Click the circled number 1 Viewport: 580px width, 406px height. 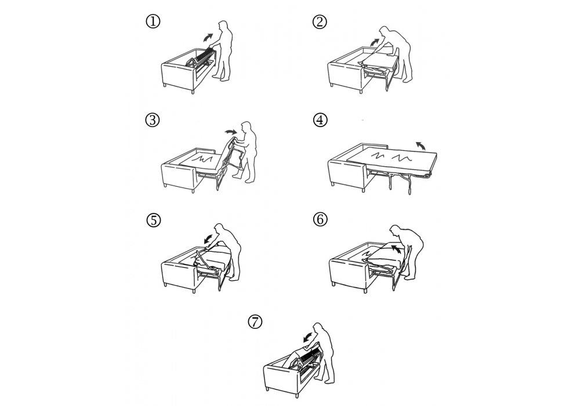click(x=153, y=21)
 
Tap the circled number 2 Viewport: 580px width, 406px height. click(x=320, y=22)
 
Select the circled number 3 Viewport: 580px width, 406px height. click(x=153, y=120)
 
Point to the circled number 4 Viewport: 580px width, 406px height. click(x=320, y=120)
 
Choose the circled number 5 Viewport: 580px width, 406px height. click(x=154, y=220)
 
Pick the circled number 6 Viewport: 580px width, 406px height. click(x=320, y=220)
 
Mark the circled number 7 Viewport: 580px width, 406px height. click(x=255, y=321)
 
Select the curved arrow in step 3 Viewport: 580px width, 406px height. click(x=231, y=132)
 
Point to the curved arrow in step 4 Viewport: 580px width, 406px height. click(x=420, y=146)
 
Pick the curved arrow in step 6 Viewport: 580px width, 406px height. click(x=397, y=248)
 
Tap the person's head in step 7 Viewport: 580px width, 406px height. click(x=318, y=328)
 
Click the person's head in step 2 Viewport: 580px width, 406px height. click(x=385, y=32)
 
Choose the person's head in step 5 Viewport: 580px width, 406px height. click(x=220, y=229)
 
